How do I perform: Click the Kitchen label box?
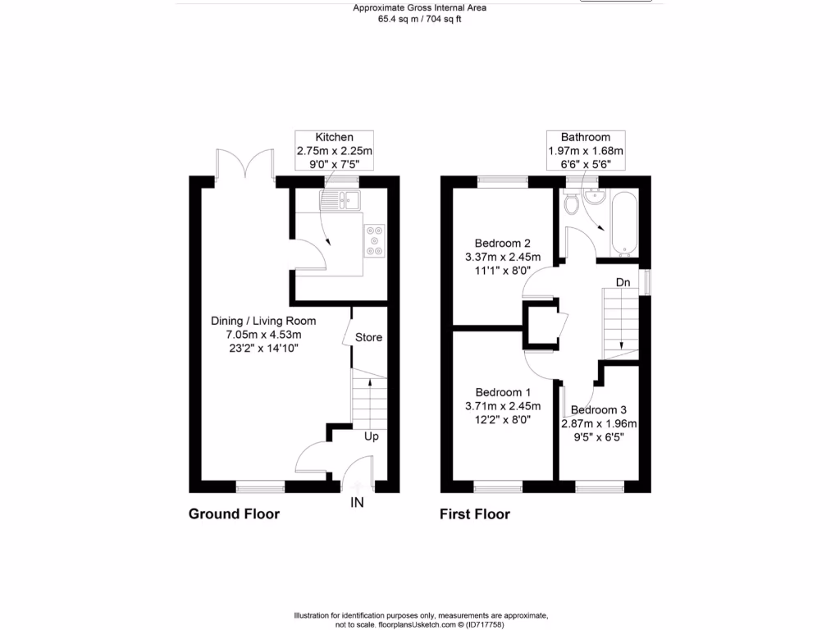(335, 151)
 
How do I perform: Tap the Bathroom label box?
(586, 151)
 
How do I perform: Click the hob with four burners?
(376, 241)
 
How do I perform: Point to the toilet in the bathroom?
(572, 203)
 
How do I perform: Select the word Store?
(368, 337)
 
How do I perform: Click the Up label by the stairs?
(371, 436)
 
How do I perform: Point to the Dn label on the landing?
(623, 283)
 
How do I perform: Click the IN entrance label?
(358, 502)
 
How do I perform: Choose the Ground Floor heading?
(234, 514)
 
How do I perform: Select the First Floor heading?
(475, 514)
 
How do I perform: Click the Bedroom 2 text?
(504, 244)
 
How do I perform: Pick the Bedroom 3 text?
(599, 410)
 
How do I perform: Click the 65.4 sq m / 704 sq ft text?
(419, 19)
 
